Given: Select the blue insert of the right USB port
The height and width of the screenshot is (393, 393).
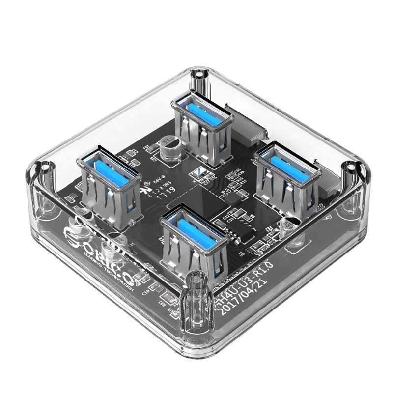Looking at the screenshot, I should pyautogui.click(x=284, y=160).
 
